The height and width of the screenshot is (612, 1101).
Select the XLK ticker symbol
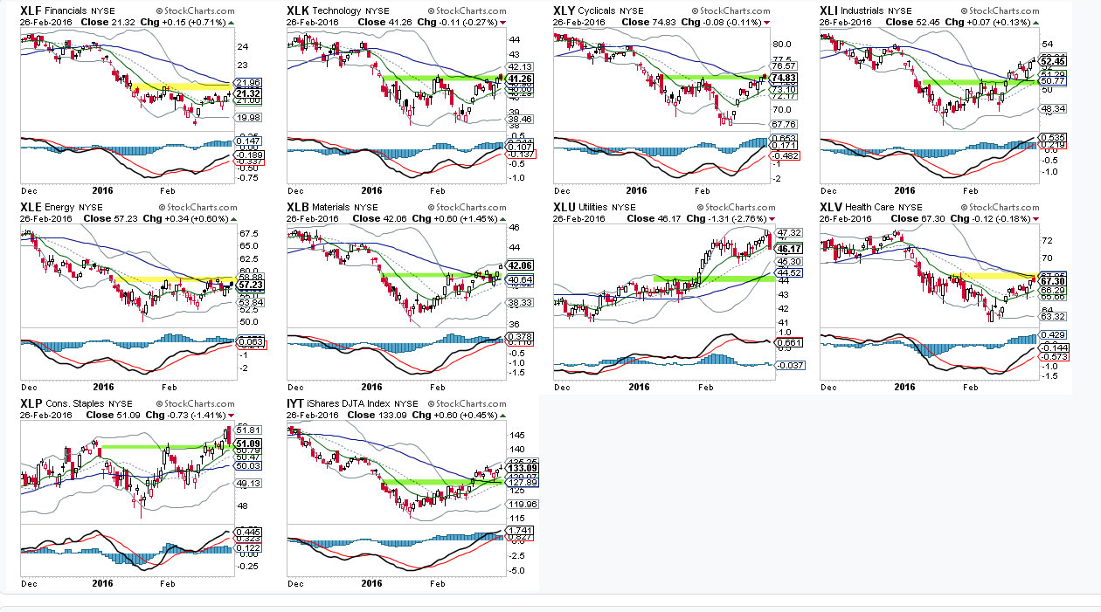coord(298,10)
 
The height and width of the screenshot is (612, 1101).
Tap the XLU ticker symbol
coord(564,207)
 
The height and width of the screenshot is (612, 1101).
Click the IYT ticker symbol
coord(296,403)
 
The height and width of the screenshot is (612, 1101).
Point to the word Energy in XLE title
coord(61,207)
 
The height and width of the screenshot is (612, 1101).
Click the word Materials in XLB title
coord(331,207)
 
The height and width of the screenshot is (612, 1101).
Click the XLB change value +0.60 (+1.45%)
coord(459,218)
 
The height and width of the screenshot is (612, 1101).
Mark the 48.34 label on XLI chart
coord(1053,109)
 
